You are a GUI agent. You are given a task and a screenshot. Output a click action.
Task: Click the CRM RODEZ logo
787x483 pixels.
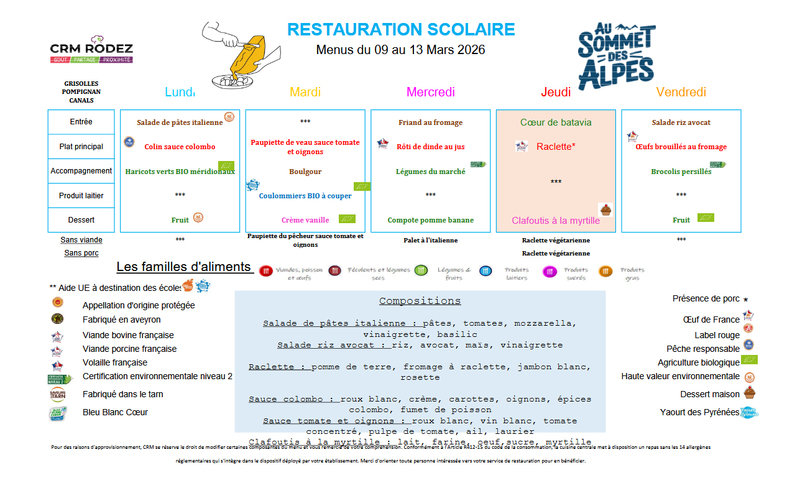(91, 49)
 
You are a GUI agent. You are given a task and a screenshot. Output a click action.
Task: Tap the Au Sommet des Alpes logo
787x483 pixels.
(616, 55)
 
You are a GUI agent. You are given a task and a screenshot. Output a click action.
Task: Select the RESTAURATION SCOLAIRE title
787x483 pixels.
(401, 29)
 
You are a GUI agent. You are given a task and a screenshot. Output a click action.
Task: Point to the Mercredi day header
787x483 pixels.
(430, 92)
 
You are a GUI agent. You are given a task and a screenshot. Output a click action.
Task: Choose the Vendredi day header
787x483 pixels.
(681, 92)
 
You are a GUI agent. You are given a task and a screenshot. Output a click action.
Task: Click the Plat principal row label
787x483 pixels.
(81, 147)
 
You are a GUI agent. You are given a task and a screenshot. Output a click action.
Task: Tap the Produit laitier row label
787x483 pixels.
(81, 196)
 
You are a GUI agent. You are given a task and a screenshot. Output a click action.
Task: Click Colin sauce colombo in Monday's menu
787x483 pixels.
(180, 147)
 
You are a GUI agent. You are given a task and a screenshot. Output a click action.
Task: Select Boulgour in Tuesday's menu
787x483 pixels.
(305, 172)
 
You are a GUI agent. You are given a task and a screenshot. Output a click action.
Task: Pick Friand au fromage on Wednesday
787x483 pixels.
(430, 122)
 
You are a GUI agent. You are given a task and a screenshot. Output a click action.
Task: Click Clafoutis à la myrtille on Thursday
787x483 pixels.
(556, 221)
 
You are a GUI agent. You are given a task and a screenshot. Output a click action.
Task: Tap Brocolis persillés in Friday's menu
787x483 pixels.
(681, 172)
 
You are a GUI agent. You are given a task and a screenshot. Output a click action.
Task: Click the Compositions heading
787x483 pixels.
(420, 301)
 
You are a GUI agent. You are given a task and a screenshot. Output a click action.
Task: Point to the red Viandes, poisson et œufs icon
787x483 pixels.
(266, 271)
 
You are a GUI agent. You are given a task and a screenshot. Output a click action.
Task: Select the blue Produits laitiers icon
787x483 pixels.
(486, 271)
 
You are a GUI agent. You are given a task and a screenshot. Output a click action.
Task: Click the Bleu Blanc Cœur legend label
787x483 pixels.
(115, 412)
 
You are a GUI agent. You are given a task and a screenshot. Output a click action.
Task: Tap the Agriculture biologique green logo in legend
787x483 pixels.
(750, 360)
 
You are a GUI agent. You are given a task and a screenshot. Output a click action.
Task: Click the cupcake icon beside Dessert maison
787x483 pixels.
(749, 392)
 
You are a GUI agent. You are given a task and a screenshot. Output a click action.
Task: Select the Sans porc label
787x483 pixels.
(81, 253)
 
